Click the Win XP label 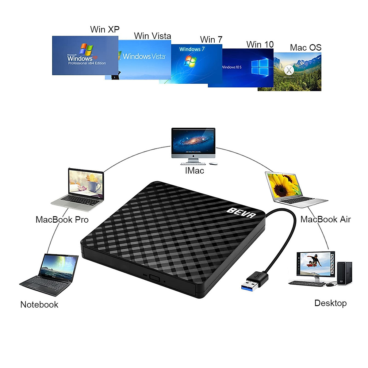[105, 29]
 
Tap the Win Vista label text [152, 36]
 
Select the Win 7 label [211, 40]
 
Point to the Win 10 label [260, 44]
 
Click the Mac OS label [305, 48]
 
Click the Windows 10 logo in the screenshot [260, 67]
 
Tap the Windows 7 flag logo [190, 61]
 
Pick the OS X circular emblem [289, 70]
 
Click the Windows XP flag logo [86, 49]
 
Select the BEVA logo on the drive [241, 212]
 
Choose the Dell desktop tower [345, 273]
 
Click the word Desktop [330, 303]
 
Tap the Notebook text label [39, 305]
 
